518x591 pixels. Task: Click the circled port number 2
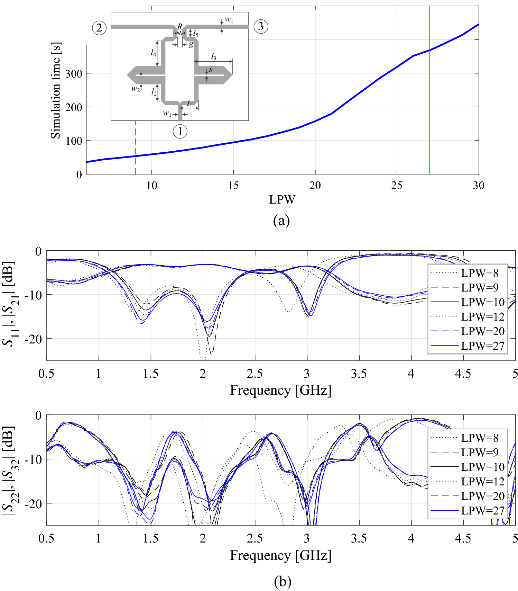click(99, 27)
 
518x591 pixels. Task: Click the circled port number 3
click(261, 26)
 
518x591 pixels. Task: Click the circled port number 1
click(180, 132)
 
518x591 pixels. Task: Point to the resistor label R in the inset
click(180, 26)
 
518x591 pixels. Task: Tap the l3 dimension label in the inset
click(214, 57)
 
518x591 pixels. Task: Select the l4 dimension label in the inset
click(153, 52)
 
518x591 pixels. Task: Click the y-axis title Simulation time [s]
click(56, 91)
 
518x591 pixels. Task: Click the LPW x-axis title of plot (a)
click(282, 200)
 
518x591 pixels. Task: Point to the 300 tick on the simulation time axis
click(74, 74)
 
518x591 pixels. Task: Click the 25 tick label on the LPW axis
click(397, 186)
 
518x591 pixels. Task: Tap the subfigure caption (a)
click(281, 221)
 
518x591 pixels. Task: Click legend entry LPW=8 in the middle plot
click(480, 273)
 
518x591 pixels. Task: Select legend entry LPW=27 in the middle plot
click(483, 346)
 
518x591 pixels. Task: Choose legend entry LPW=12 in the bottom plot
click(483, 481)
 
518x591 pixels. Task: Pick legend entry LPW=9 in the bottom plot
click(480, 452)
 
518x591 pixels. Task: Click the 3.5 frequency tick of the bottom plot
click(359, 538)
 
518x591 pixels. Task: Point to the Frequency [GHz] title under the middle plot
click(280, 390)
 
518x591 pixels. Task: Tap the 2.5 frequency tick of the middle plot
click(255, 374)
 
